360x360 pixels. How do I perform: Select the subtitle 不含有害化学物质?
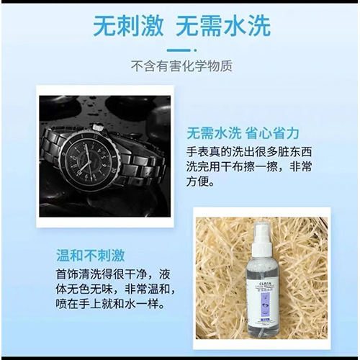181,67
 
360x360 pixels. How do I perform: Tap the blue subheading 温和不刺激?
91,255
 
